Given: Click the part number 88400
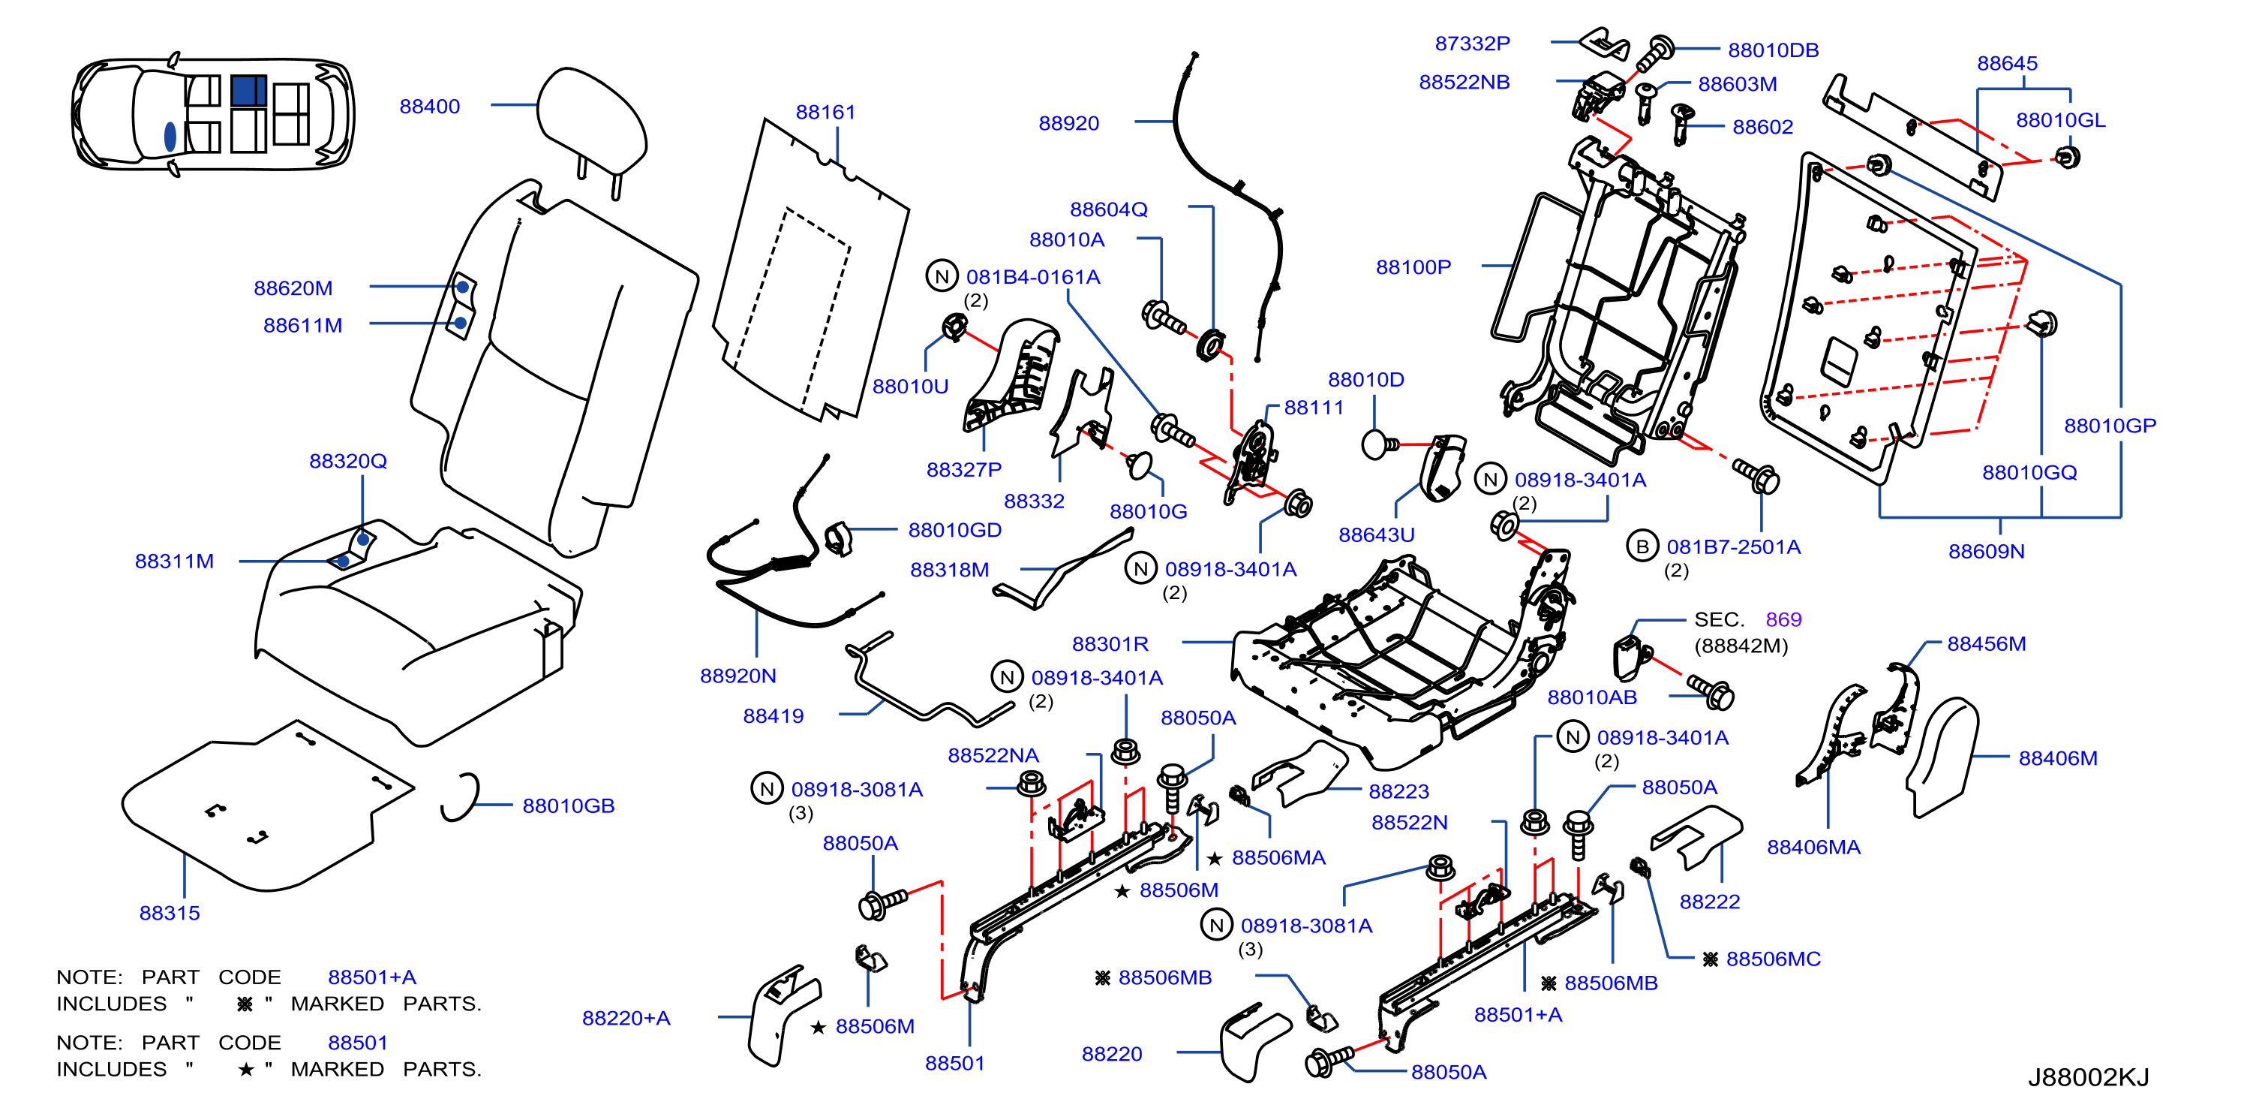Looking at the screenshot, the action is click(429, 107).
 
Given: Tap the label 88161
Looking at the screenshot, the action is click(825, 112).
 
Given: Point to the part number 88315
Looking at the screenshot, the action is click(170, 913).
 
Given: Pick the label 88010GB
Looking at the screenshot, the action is click(569, 805).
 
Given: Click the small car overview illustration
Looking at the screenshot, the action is click(213, 113).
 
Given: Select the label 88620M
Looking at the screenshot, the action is click(293, 288).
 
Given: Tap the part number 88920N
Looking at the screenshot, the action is click(738, 676).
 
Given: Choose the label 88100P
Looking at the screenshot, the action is click(1413, 266).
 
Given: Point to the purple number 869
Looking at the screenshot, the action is click(1783, 619).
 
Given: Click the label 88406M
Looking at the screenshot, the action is click(2058, 758).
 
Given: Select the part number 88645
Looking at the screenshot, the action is click(2007, 63).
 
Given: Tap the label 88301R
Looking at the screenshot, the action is click(1110, 644).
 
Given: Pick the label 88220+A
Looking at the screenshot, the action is click(626, 1018).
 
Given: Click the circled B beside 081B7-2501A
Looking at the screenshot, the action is click(1642, 546).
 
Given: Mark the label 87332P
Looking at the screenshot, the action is click(1473, 43).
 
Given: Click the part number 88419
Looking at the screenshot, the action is click(773, 715).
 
